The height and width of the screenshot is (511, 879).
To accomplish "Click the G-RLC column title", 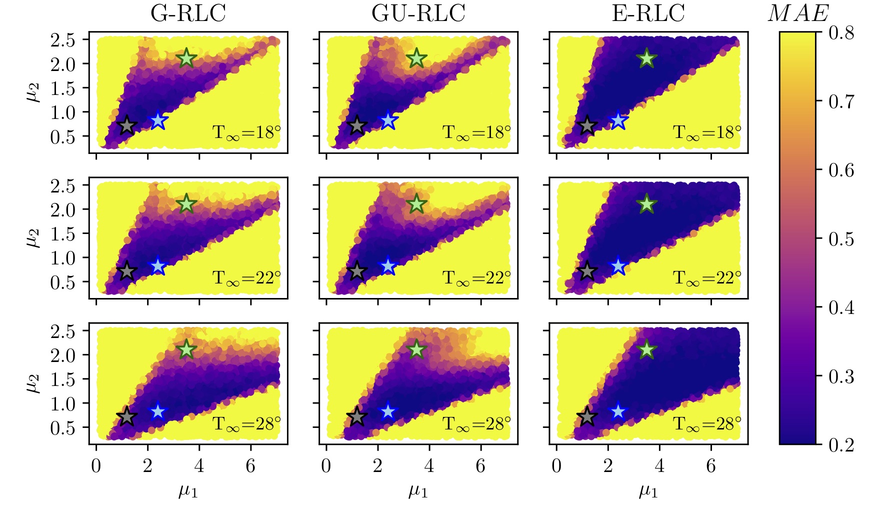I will pos(188,13).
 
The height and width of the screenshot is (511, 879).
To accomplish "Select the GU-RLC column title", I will pos(418,13).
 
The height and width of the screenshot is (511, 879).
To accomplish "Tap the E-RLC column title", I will pos(648,13).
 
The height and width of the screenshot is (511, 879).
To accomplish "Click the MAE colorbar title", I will pos(797,13).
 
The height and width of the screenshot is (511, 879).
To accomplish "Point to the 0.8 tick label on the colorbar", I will pos(841,32).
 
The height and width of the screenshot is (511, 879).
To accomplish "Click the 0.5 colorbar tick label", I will pos(841,239).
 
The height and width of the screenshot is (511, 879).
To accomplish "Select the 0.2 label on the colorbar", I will pos(841,444).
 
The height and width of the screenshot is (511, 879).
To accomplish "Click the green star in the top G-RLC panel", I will pos(186,58).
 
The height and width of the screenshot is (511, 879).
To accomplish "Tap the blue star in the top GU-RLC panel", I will pos(388,120).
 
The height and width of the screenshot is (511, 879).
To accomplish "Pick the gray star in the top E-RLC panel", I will pos(587,125).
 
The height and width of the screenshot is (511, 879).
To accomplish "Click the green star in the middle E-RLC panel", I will pos(647,203).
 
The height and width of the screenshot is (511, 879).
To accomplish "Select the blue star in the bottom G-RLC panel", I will pos(158,411).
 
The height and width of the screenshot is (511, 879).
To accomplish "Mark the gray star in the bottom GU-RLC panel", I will pos(356,416).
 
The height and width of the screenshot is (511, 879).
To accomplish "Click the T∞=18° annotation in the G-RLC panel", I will pos(246,132).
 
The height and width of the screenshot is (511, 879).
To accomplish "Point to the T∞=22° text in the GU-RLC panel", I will pos(476,278).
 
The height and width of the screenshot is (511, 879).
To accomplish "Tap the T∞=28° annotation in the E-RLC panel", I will pos(707,424).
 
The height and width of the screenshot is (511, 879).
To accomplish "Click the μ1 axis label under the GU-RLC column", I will pos(418,491).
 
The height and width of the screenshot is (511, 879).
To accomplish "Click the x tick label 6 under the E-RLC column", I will pos(710,466).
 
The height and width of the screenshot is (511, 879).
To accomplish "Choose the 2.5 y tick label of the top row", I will pos(62,40).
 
